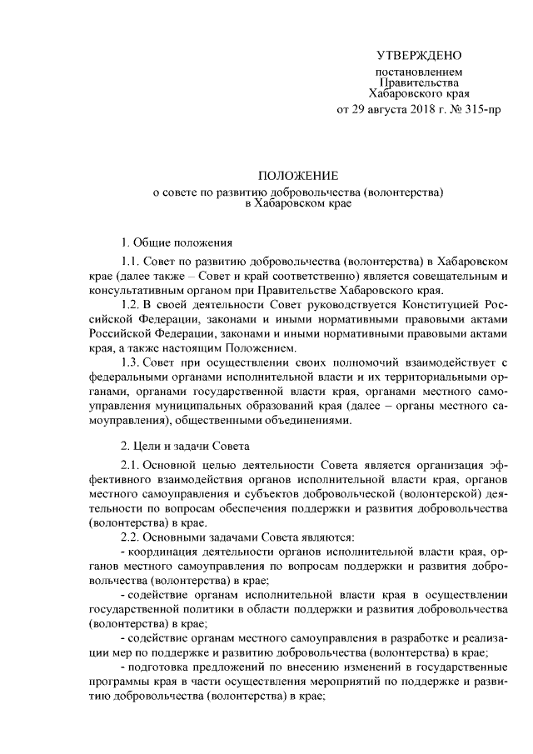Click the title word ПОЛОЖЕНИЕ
(297, 176)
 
